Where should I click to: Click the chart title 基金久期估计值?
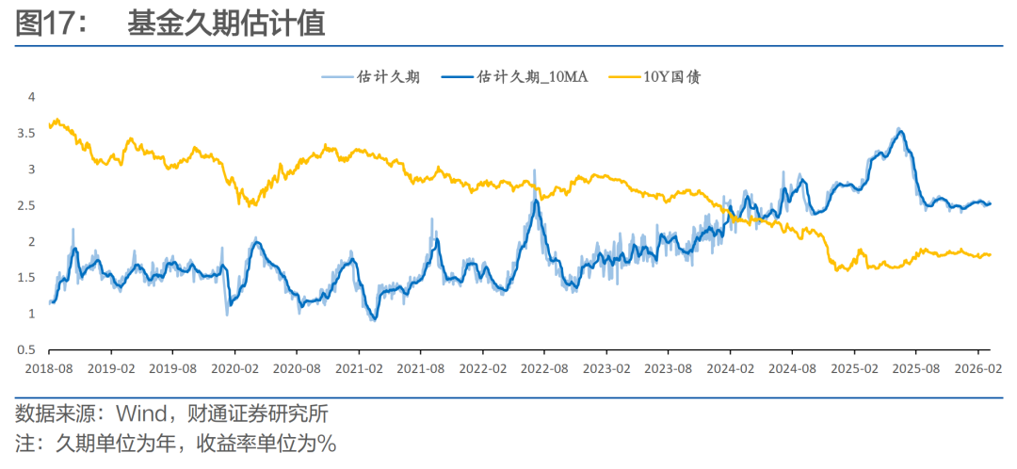[x=226, y=24]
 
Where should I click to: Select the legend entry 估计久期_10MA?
[x=532, y=77]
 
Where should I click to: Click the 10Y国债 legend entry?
[x=671, y=77]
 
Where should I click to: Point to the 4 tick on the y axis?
[x=31, y=97]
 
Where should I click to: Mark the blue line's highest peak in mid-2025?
[x=900, y=131]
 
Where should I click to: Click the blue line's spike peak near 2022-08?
[x=536, y=201]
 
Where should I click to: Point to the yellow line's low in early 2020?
[x=250, y=203]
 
